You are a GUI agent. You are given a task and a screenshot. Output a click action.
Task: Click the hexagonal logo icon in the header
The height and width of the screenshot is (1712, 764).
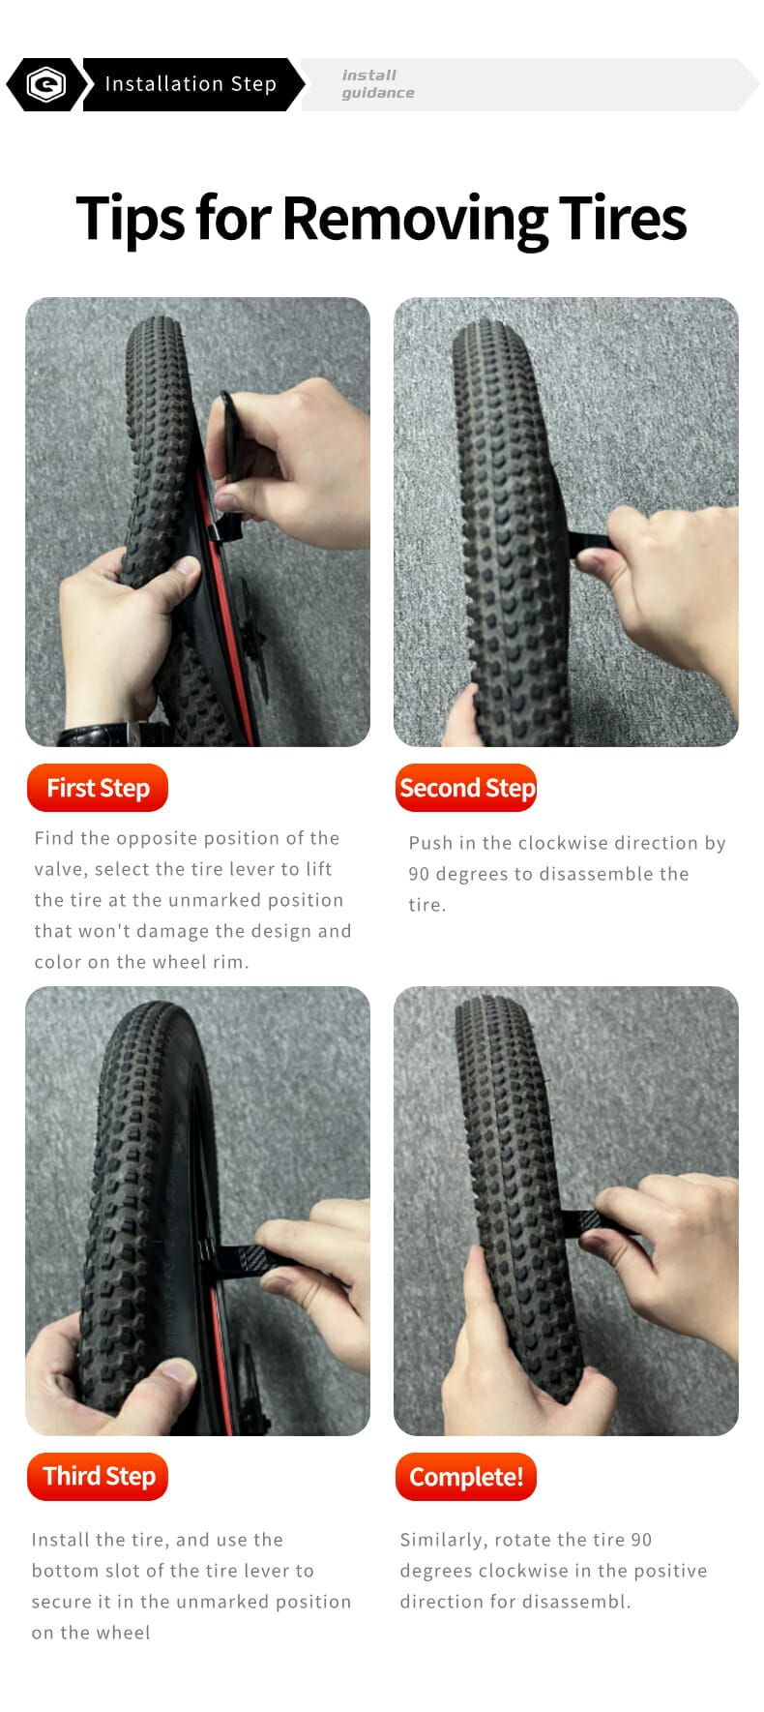pyautogui.click(x=45, y=84)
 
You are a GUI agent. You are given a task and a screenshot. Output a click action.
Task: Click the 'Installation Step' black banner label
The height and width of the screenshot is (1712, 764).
pyautogui.click(x=191, y=84)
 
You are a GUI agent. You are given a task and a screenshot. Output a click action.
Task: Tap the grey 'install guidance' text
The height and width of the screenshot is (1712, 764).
pyautogui.click(x=378, y=84)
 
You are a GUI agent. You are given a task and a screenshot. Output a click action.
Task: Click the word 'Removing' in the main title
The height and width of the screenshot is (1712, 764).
pyautogui.click(x=414, y=219)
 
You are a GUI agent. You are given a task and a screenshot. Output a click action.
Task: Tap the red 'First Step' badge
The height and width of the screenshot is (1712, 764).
pyautogui.click(x=98, y=789)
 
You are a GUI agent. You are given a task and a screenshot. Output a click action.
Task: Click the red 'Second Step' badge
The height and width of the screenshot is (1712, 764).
pyautogui.click(x=466, y=789)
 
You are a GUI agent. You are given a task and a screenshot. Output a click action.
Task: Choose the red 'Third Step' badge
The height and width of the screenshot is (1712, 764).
pyautogui.click(x=98, y=1477)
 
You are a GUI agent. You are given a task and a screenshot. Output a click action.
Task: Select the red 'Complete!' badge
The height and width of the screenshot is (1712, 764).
pyautogui.click(x=466, y=1477)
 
